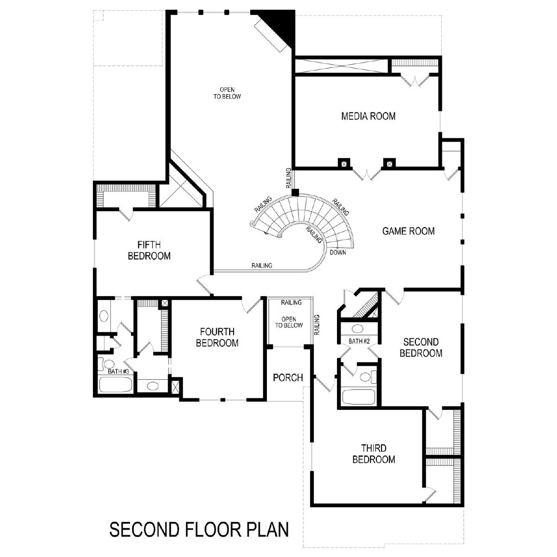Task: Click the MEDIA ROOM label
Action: [x=368, y=116]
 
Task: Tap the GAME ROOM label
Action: [x=408, y=231]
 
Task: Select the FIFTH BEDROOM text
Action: [x=149, y=250]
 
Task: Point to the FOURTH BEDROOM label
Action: [x=217, y=337]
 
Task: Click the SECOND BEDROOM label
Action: [x=421, y=348]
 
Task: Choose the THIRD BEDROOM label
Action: [x=374, y=453]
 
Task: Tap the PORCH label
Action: [x=288, y=377]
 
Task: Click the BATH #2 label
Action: [x=359, y=341]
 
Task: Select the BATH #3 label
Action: [x=118, y=371]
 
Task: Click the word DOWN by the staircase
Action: [x=338, y=253]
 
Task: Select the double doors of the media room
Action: [x=367, y=174]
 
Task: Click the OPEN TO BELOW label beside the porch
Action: [x=289, y=322]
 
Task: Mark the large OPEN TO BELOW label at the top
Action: [x=227, y=93]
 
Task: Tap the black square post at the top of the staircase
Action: [x=295, y=193]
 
